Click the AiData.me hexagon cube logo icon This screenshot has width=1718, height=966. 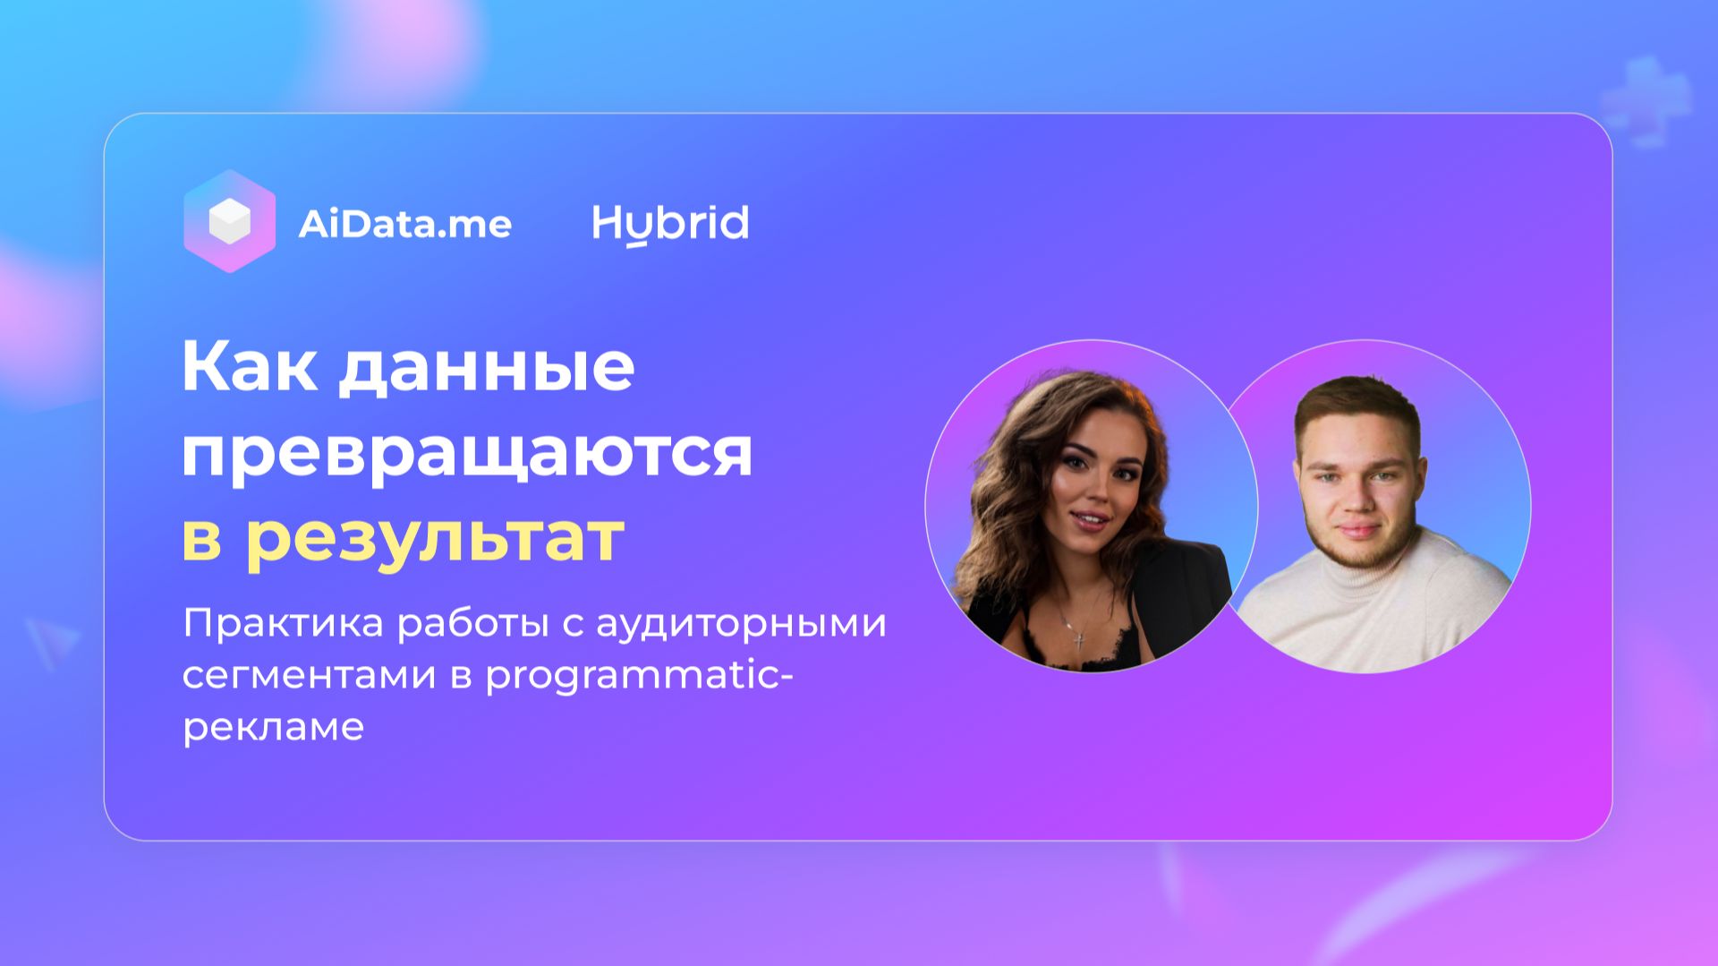pos(229,221)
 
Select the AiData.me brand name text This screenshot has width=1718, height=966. pos(404,224)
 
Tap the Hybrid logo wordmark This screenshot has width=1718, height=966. pos(670,224)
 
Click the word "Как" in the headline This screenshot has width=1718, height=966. pos(249,366)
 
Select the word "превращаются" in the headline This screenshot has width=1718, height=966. pos(466,453)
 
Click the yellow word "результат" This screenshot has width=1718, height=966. pos(434,537)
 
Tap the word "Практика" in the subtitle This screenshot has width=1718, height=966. pos(283,623)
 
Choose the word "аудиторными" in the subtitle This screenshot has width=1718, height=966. pos(741,623)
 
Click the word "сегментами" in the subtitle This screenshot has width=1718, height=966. pos(309,674)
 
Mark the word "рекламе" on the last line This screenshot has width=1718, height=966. pos(273,726)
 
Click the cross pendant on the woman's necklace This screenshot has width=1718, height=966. pos(1080,639)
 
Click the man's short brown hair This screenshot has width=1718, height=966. pos(1356,403)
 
